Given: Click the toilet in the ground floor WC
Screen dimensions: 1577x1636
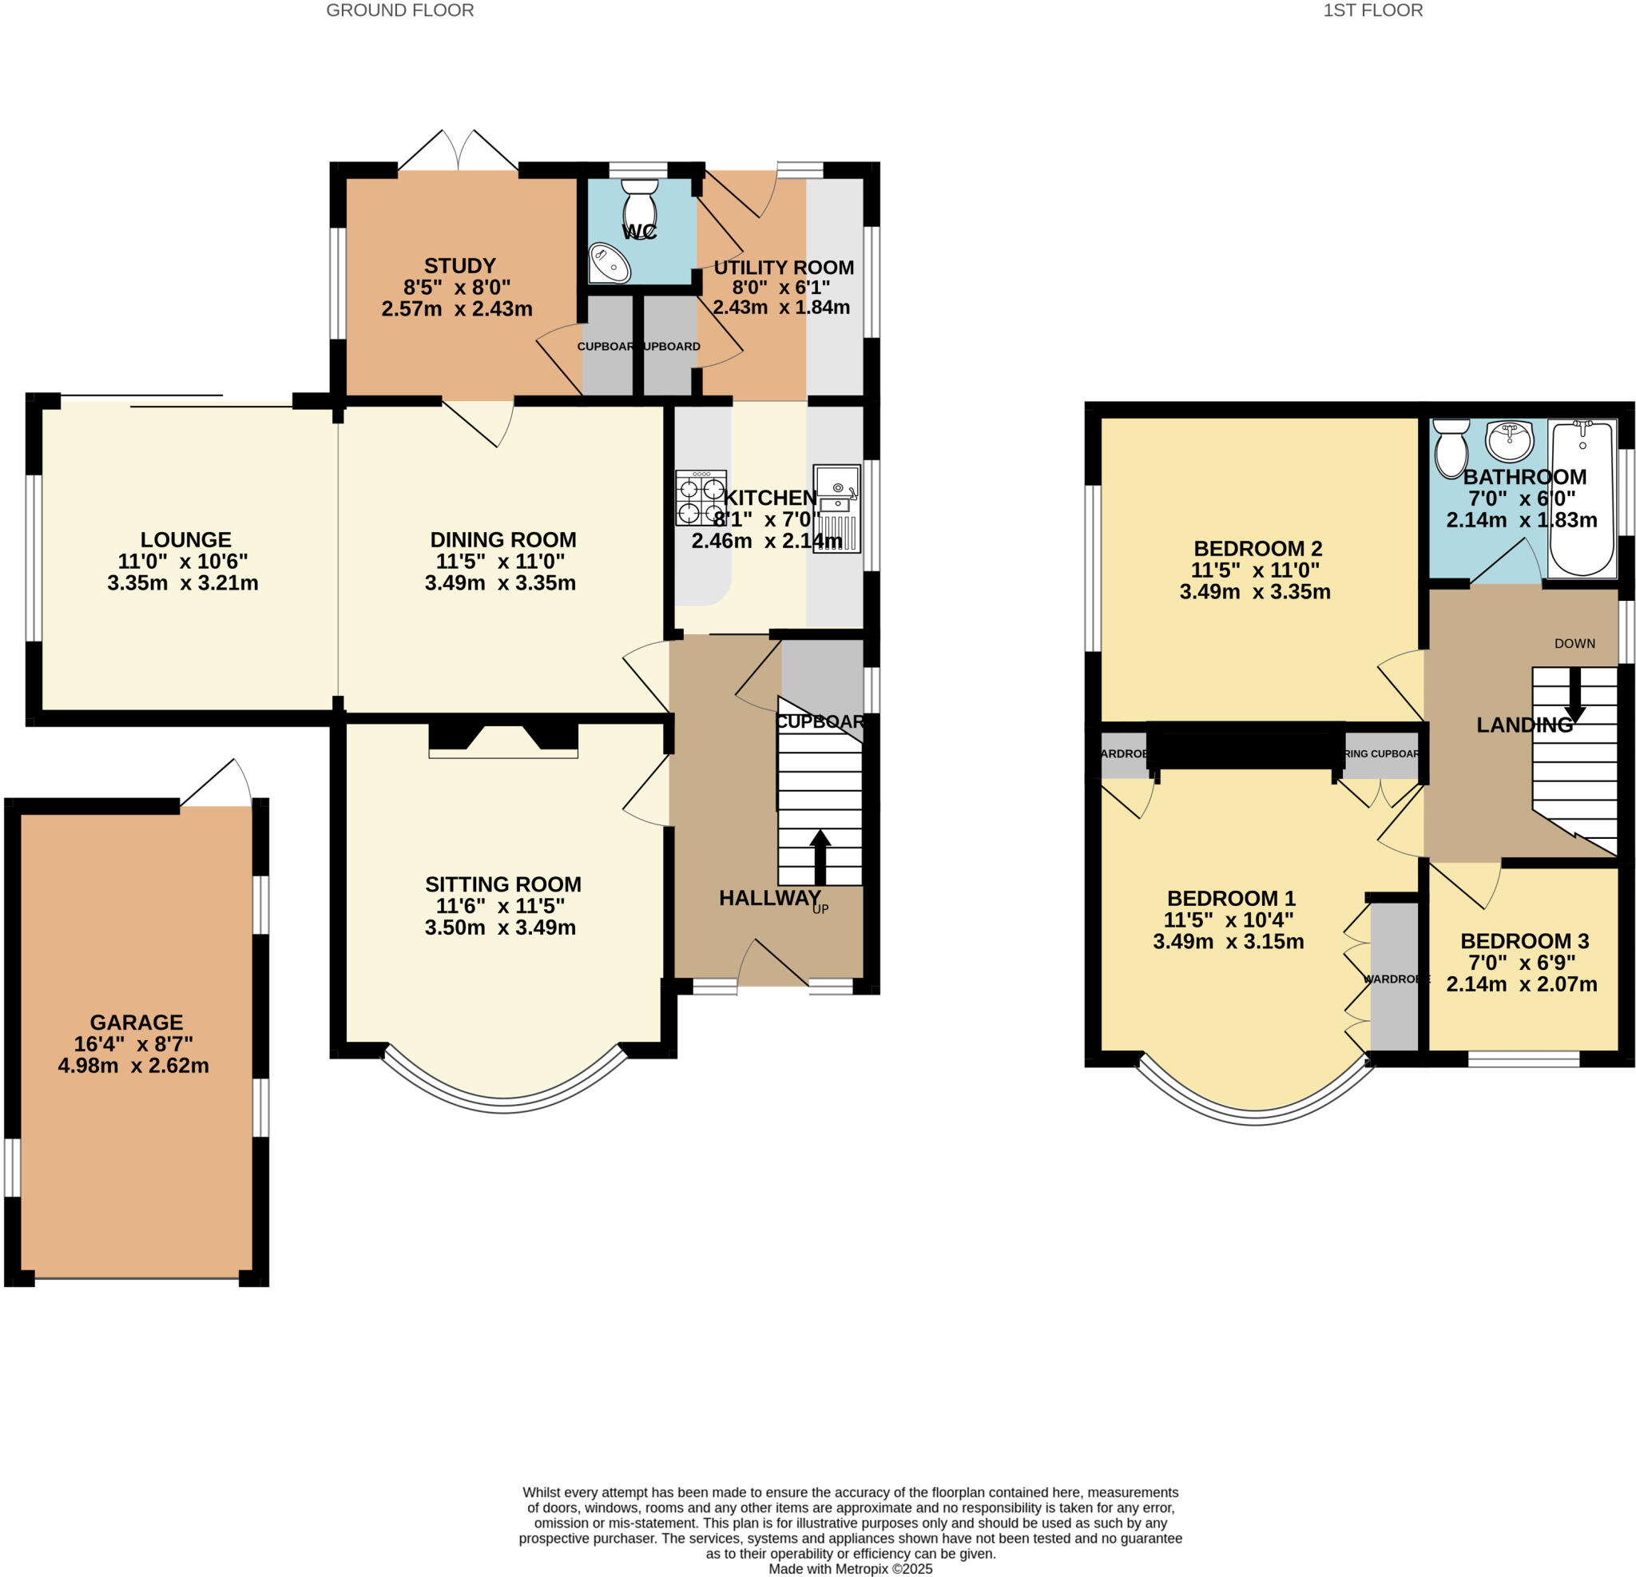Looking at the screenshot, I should tap(639, 201).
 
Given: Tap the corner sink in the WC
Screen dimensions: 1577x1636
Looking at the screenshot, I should tap(609, 263).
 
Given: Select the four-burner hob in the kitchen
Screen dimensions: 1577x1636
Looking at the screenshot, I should tap(701, 499).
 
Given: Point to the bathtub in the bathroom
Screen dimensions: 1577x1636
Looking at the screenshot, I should tap(1581, 499).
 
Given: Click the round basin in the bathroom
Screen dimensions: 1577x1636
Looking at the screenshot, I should tap(1510, 440).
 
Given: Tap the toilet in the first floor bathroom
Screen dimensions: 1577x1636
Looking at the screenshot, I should tap(1451, 447).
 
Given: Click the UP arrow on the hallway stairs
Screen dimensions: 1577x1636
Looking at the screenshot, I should tap(820, 856).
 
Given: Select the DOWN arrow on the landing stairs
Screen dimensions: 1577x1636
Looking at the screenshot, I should tap(1574, 694).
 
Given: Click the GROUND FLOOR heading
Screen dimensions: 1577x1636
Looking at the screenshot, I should tap(400, 11).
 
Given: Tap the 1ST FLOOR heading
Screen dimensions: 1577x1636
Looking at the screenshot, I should tap(1372, 11).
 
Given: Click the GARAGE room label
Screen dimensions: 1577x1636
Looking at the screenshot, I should tap(136, 1022).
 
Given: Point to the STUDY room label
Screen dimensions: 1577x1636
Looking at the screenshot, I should tap(459, 265).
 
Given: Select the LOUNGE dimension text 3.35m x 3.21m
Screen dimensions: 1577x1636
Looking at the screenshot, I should tap(183, 582).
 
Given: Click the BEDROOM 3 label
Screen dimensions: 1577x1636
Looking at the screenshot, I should tap(1524, 941).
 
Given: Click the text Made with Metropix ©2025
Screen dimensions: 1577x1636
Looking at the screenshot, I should tap(850, 1569).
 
